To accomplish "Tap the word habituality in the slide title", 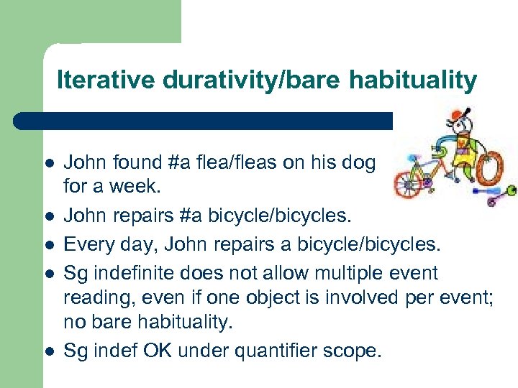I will tap(412, 80).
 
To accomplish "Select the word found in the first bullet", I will tap(131, 163).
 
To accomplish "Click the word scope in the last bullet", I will tap(358, 351).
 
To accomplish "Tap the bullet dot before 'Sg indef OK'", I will tap(48, 351).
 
